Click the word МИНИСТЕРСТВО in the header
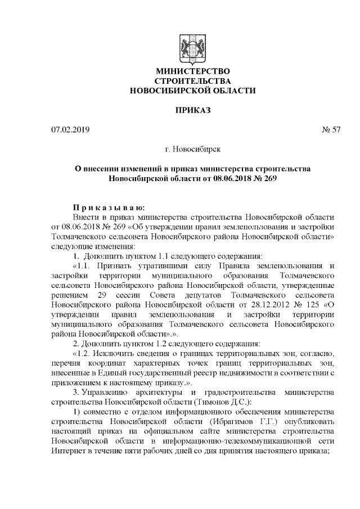pos(192,71)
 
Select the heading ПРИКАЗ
pos(192,110)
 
